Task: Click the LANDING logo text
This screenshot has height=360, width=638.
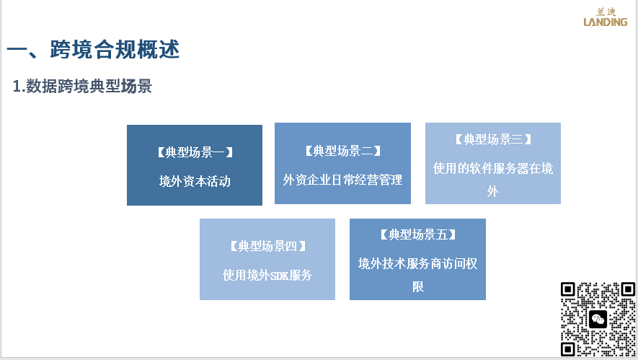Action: [606, 22]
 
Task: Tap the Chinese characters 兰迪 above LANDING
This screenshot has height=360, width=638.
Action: [606, 12]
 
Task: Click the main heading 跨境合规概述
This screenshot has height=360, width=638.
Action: [115, 49]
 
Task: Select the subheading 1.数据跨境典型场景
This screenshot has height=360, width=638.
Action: [82, 87]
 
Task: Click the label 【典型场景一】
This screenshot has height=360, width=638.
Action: [195, 152]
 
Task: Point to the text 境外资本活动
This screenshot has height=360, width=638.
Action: [195, 181]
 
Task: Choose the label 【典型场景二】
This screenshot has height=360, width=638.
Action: [342, 151]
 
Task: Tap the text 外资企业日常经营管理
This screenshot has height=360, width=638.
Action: [342, 180]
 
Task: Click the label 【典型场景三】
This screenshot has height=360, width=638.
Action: [493, 139]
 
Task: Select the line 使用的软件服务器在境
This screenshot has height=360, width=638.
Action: [493, 168]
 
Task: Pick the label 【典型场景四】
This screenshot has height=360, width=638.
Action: [267, 246]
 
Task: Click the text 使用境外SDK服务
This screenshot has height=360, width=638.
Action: [267, 276]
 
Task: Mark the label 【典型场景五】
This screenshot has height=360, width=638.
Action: [418, 234]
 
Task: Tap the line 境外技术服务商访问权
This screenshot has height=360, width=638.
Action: [417, 263]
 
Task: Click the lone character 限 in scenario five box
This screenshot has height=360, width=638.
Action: [418, 286]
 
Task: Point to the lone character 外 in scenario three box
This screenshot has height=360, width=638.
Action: [493, 191]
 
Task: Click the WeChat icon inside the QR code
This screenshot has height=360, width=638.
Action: [598, 320]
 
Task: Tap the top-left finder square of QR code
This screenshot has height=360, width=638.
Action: [567, 289]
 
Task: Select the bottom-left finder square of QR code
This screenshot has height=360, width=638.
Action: [567, 349]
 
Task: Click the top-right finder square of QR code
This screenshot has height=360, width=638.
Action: [628, 289]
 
